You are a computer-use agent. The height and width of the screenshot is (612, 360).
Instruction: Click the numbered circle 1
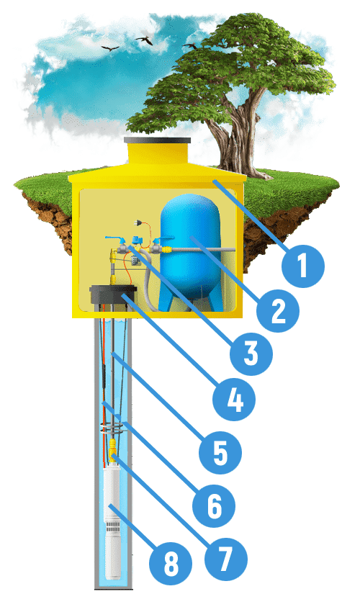303,266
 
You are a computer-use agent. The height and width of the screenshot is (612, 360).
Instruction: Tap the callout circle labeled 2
278,311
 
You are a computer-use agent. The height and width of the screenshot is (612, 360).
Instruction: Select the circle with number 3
251,354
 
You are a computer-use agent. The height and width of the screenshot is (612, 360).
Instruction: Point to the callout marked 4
234,399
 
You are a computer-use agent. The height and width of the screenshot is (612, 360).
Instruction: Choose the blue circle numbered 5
220,452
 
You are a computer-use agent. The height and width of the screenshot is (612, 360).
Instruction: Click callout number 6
214,506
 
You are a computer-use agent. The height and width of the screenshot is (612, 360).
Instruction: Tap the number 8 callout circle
171,564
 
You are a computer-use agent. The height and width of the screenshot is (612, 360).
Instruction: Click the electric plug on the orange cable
137,223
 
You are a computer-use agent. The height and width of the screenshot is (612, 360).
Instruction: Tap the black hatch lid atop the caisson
158,140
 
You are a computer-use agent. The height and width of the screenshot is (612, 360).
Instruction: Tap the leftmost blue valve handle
114,238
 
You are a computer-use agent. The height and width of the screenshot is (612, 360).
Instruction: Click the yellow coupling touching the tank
166,248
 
